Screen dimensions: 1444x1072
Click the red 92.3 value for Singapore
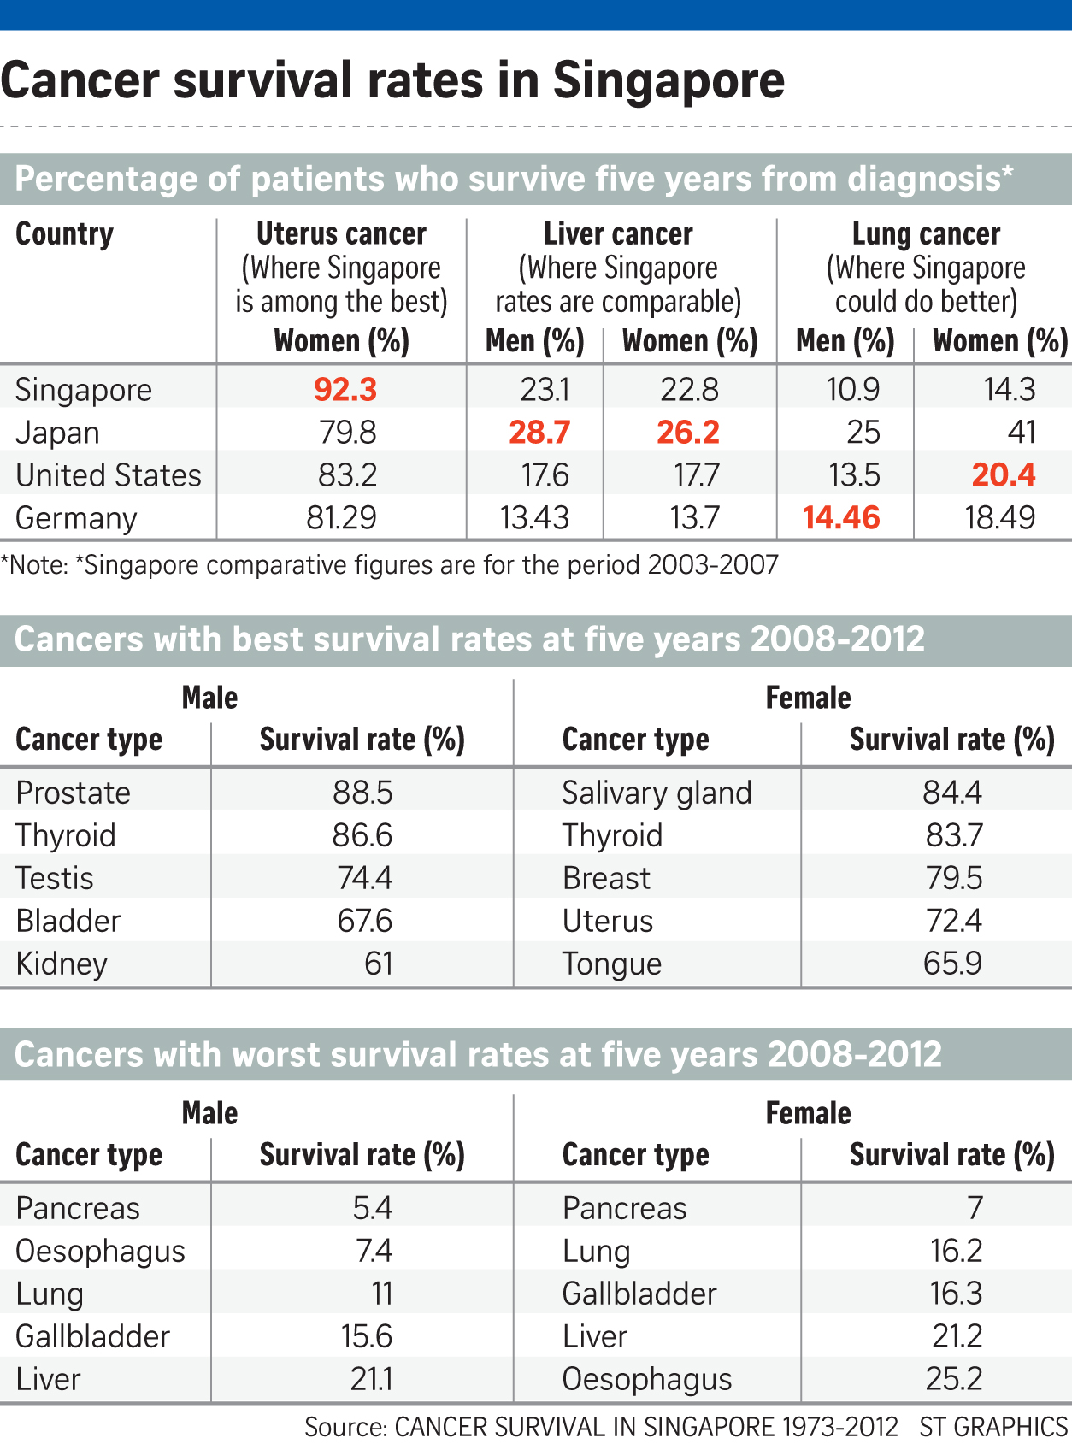coord(345,389)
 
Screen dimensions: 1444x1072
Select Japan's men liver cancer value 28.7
coord(539,432)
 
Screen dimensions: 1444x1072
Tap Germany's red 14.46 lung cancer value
coord(841,517)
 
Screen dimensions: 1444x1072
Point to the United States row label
coord(109,474)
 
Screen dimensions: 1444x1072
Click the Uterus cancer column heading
coord(341,233)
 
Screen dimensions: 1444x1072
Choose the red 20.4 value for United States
coord(1004,474)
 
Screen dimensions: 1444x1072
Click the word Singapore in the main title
coord(669,80)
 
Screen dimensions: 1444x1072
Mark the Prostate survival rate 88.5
coord(362,793)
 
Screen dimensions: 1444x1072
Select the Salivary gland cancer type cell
coord(657,793)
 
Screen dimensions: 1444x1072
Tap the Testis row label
coord(55,878)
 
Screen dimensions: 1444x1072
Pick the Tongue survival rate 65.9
coord(952,964)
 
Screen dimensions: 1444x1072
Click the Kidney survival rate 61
coord(378,964)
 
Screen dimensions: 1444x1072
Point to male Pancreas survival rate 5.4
coord(372,1208)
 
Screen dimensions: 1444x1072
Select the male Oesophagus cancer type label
coord(100,1251)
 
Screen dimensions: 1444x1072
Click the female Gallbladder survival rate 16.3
coord(956,1294)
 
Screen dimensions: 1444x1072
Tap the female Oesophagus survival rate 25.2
coord(954,1379)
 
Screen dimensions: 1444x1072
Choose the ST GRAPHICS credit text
coord(993,1427)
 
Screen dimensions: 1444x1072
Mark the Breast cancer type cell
coord(606,878)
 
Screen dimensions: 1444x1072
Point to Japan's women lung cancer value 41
coord(1022,432)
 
